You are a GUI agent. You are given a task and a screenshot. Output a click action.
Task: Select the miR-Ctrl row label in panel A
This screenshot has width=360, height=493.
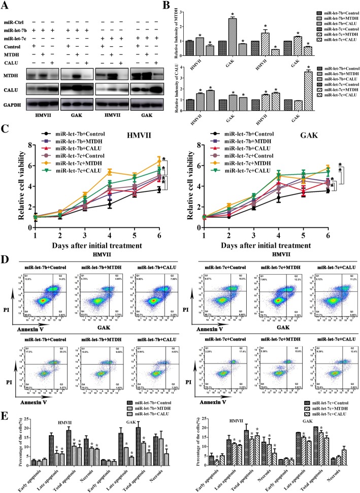(x=17, y=21)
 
